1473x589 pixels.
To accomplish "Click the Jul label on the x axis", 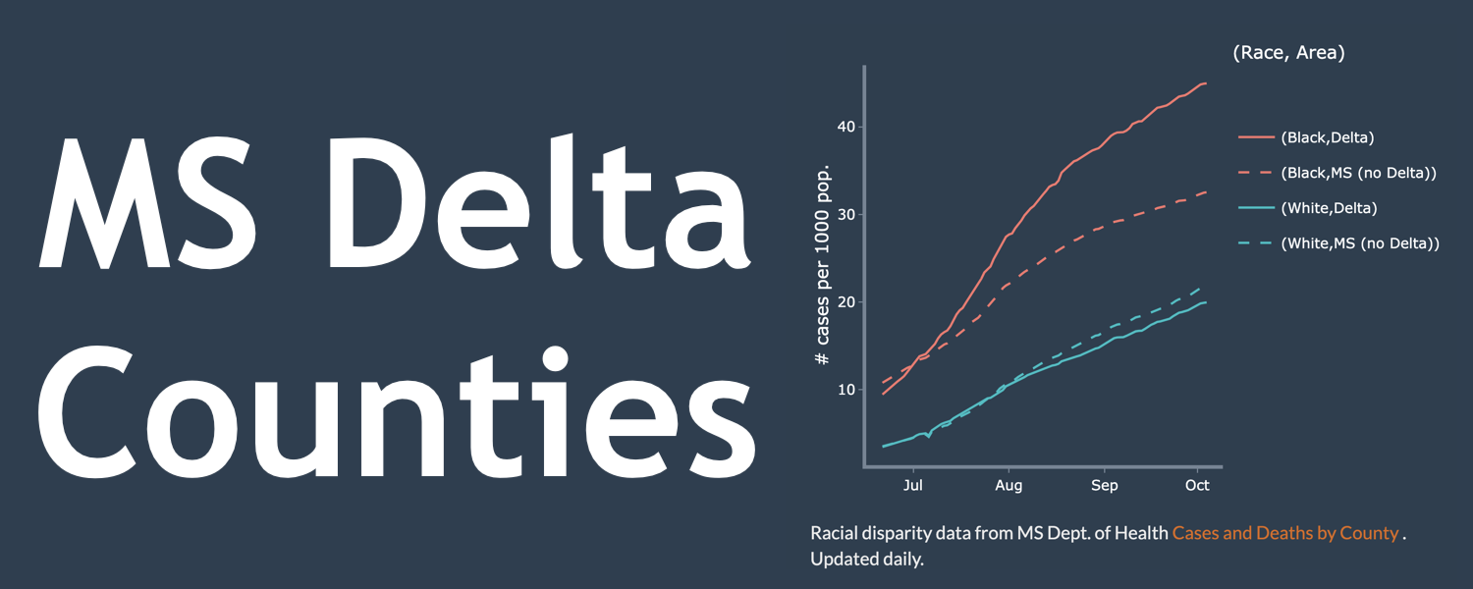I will click(913, 485).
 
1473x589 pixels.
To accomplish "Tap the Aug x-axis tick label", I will click(1009, 485).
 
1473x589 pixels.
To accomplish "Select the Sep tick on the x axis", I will click(1105, 485).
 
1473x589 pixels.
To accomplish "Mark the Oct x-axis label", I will click(1197, 485).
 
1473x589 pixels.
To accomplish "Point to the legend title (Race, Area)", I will click(1287, 53).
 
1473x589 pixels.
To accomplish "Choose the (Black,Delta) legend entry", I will click(1334, 137).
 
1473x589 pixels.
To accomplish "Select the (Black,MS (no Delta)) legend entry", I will click(1358, 173).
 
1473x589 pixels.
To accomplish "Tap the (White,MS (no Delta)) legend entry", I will click(1360, 243).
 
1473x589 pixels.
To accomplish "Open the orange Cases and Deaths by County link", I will click(1284, 533).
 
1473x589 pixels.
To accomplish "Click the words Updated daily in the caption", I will click(867, 560).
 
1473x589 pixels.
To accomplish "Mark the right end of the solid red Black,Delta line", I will click(1206, 83).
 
